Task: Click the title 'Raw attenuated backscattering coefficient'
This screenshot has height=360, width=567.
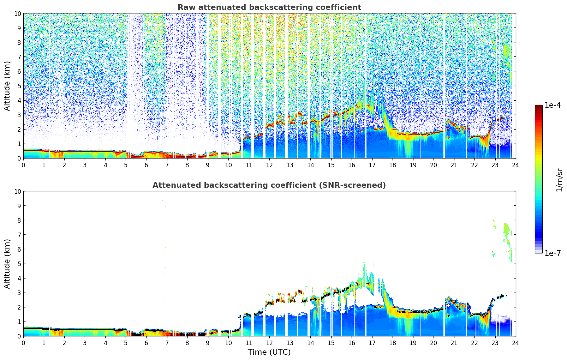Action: coord(269,7)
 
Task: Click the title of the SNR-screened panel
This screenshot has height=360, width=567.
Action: coord(269,185)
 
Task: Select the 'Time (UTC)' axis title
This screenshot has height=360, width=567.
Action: coord(269,352)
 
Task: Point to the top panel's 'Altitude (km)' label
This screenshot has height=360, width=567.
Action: coord(7,86)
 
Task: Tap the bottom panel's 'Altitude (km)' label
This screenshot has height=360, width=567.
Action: coord(7,264)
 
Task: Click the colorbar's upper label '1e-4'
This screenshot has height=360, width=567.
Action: coord(553,105)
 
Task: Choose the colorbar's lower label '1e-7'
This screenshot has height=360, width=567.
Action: coord(553,253)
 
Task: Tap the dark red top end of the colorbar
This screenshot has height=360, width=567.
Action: coord(538,107)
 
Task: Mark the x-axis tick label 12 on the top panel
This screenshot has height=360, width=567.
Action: coord(269,165)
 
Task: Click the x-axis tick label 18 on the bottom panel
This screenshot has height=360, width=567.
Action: coord(392,343)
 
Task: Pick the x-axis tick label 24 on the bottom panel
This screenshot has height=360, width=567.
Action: coord(515,343)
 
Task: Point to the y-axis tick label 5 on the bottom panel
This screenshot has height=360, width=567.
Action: coord(19,264)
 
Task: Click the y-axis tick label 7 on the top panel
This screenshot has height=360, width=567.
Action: coord(19,57)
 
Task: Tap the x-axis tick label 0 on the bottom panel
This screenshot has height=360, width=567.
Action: coord(24,343)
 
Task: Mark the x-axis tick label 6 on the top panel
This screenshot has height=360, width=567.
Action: coord(147,165)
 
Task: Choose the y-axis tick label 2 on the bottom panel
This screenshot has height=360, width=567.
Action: coord(19,307)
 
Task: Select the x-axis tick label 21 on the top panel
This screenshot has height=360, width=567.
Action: coord(454,165)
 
